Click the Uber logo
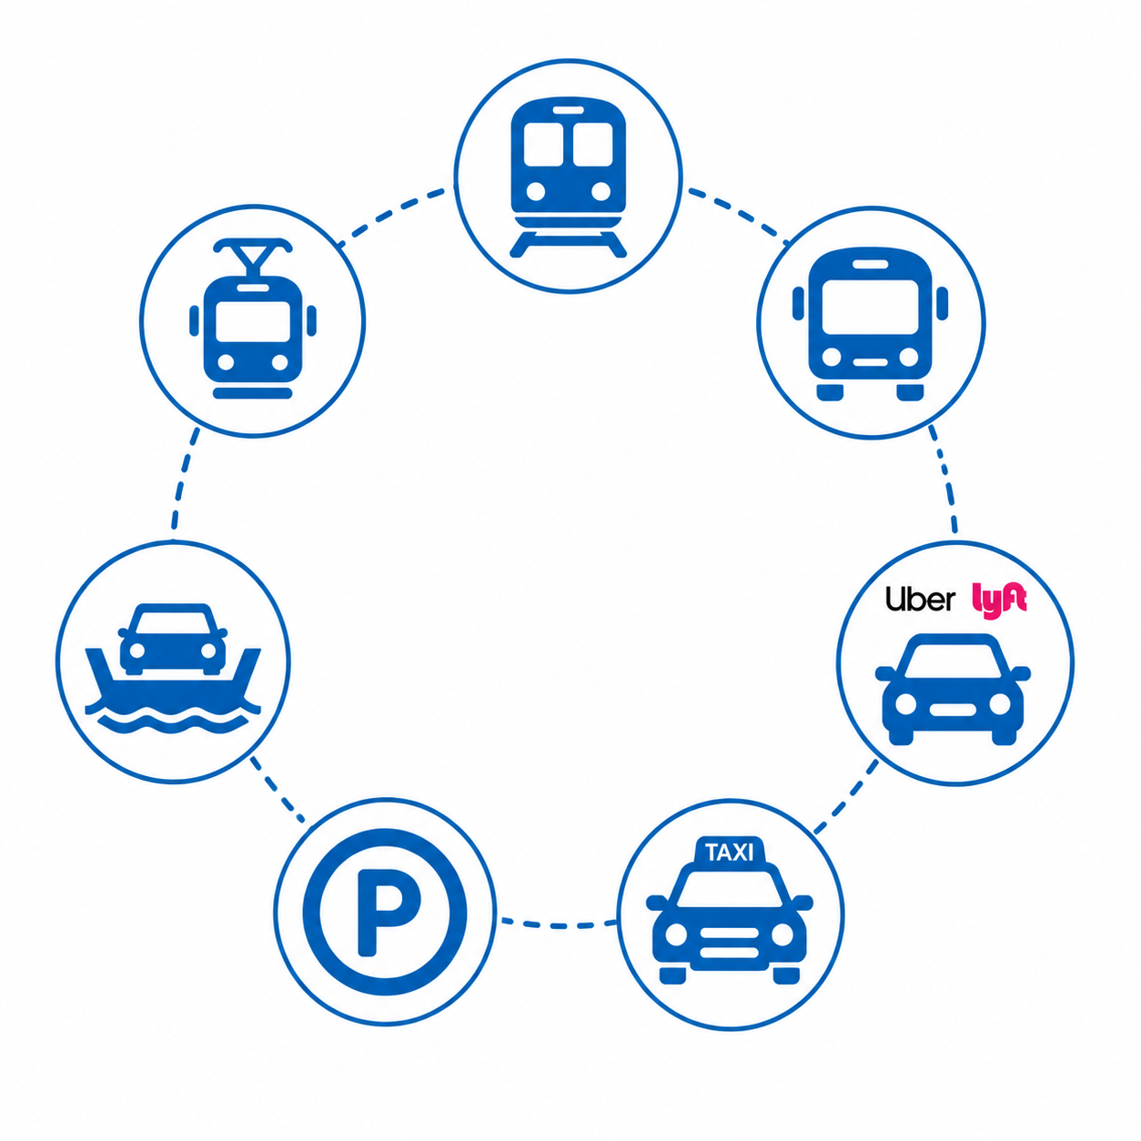(x=920, y=600)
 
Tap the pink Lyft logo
(x=999, y=601)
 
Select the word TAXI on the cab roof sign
(x=730, y=853)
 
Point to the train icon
(x=568, y=177)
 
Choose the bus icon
(x=870, y=324)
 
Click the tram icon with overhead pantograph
(x=253, y=318)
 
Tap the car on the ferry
(x=173, y=639)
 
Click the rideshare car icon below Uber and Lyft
(x=953, y=689)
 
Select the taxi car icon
(x=730, y=910)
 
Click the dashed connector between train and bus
(x=739, y=212)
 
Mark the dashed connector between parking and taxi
(x=559, y=924)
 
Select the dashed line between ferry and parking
(x=276, y=791)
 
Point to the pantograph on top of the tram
(x=253, y=255)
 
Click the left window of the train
(x=543, y=144)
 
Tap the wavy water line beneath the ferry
(x=173, y=723)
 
